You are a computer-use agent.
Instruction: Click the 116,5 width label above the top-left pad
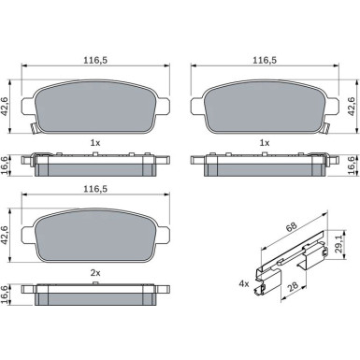[95, 61]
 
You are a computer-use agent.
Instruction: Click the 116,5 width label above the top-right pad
[265, 61]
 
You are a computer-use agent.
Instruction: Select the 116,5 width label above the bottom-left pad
[95, 189]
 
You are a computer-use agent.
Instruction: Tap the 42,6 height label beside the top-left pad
[6, 106]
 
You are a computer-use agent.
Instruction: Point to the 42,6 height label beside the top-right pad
[352, 106]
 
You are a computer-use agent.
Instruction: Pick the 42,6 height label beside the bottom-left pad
[6, 236]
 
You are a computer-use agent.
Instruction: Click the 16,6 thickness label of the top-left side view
[6, 166]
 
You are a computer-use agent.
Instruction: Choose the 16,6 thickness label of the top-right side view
[352, 166]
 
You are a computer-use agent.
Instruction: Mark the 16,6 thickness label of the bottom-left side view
[6, 295]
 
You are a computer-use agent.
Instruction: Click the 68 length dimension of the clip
[292, 226]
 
